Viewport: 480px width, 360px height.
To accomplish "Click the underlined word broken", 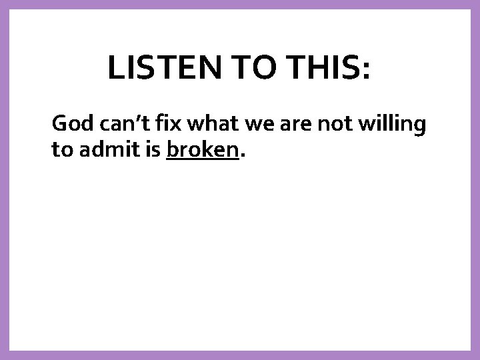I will (x=202, y=150).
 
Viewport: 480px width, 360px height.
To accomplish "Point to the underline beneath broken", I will (x=202, y=160).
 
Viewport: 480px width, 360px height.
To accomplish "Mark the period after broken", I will (x=242, y=157).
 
